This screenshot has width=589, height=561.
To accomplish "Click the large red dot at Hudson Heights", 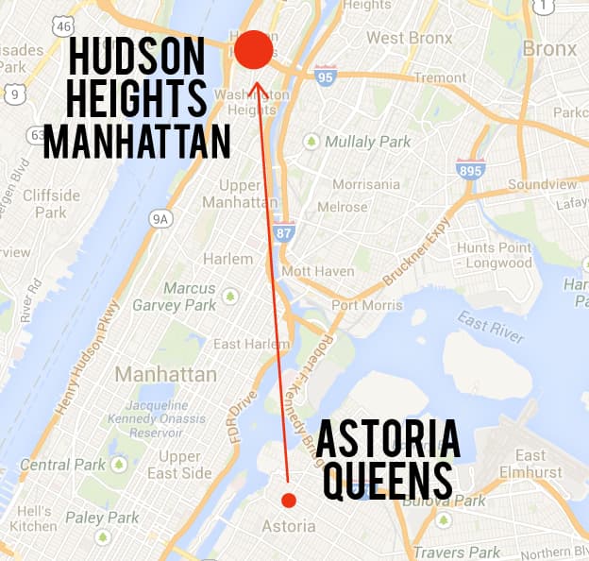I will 253,50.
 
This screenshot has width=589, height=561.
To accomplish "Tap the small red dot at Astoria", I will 289,500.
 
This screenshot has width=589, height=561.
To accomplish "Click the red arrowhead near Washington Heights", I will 256,90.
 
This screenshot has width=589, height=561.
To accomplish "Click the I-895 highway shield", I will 469,170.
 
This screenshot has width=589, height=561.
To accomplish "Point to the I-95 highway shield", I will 326,76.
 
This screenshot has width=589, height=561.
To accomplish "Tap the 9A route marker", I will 161,218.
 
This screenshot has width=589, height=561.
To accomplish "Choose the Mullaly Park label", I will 355,142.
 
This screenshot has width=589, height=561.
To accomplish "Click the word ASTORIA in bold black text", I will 387,441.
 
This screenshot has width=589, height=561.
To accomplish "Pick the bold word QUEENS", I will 387,481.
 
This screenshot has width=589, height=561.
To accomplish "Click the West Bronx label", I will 405,38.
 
